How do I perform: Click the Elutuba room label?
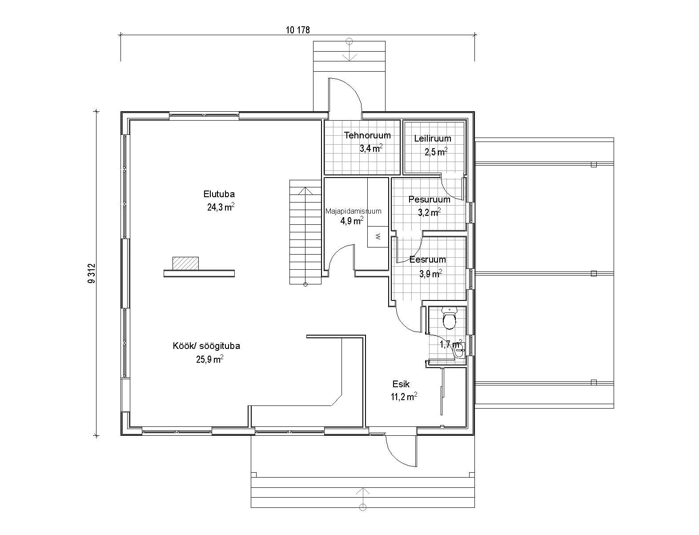(219, 194)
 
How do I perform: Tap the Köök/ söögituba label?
(206, 346)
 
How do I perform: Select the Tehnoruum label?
(367, 135)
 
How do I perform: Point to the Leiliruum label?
(433, 138)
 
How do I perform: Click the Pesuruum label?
(429, 199)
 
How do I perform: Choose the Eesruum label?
(428, 259)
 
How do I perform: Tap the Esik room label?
(401, 384)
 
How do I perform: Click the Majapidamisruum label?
(353, 211)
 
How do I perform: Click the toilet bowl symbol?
(449, 318)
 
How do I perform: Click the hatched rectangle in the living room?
(185, 263)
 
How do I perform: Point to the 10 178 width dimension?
(298, 30)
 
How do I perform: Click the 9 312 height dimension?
(92, 273)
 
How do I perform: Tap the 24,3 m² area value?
(221, 207)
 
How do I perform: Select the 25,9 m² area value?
(209, 359)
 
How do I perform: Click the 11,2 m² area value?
(404, 397)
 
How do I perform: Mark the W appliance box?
(378, 236)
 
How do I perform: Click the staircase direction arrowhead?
(305, 191)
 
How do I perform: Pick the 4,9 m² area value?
(352, 220)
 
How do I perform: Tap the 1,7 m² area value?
(451, 344)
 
